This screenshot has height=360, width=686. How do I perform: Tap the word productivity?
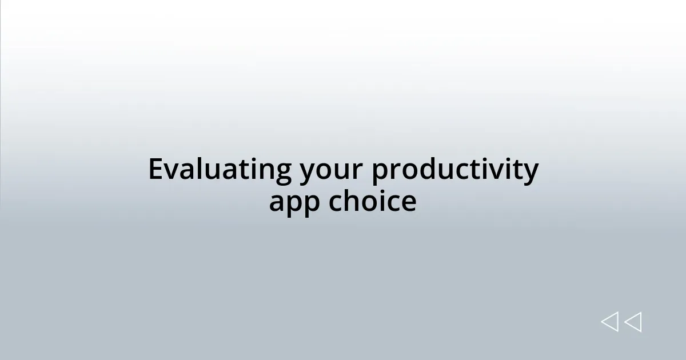click(455, 170)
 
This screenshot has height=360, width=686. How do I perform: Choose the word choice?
click(372, 201)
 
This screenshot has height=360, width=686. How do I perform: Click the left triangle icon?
click(609, 322)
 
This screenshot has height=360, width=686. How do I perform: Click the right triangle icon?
click(633, 322)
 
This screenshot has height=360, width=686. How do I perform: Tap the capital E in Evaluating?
click(155, 169)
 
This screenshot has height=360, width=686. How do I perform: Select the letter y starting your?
click(307, 173)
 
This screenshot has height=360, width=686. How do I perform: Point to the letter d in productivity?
click(425, 169)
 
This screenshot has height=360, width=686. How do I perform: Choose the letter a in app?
click(277, 202)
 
